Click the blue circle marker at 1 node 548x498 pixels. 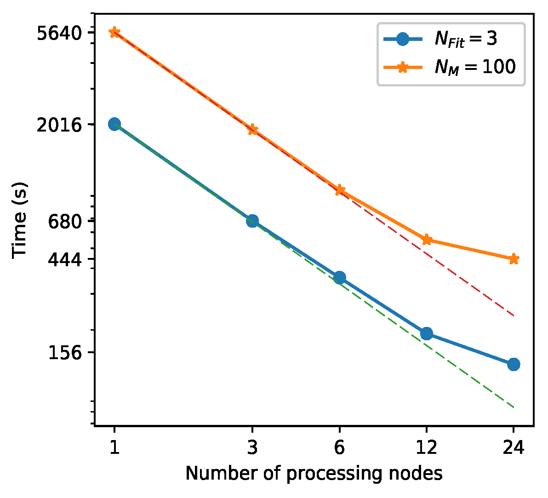(114, 124)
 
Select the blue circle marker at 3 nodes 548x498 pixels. (252, 221)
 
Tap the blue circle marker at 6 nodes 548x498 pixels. (339, 277)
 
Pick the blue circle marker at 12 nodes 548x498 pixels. (427, 333)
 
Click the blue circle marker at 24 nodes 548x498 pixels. (514, 364)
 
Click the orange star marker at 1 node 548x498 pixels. (114, 32)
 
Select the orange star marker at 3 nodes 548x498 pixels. (252, 129)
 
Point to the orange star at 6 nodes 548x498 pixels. (339, 190)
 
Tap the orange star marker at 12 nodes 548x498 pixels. (427, 239)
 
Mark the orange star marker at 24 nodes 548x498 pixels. (514, 259)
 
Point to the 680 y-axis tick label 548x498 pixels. (65, 221)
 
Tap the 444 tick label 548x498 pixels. (65, 259)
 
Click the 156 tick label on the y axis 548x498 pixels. (65, 353)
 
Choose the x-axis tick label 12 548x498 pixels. (427, 447)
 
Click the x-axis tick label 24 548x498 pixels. (514, 447)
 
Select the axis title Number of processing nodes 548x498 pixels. (314, 473)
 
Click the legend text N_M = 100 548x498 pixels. (475, 68)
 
